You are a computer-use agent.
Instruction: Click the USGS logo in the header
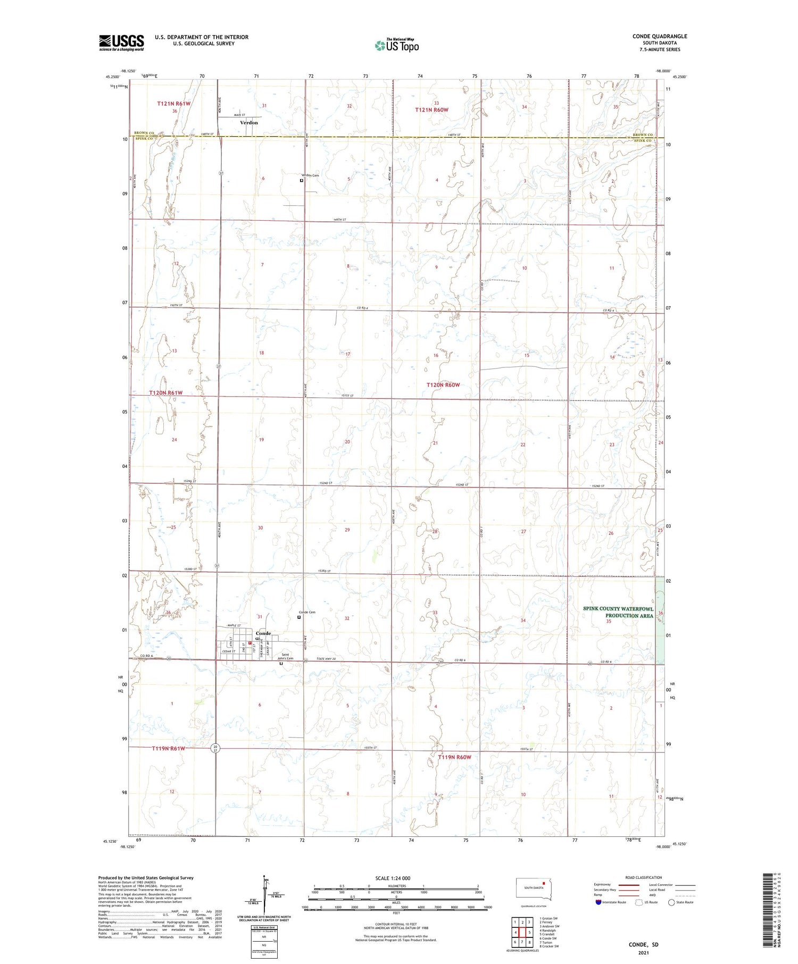click(x=121, y=43)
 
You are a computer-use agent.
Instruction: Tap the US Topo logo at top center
click(x=396, y=46)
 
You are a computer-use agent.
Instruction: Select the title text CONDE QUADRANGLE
click(x=659, y=36)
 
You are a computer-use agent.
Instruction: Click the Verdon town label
click(x=249, y=123)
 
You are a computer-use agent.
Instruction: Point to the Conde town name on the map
click(x=263, y=633)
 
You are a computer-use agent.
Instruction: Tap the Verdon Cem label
click(x=310, y=175)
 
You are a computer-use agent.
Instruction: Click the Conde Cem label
click(x=307, y=612)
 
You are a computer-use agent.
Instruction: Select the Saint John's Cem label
click(x=287, y=657)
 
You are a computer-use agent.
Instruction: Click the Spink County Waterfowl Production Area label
click(x=618, y=612)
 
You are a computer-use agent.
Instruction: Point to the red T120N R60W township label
click(x=443, y=384)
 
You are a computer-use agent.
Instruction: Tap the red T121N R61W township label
click(x=173, y=104)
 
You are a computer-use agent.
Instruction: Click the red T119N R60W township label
click(x=454, y=757)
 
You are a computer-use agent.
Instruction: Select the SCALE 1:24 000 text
click(x=393, y=878)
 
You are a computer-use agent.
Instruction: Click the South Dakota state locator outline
click(x=534, y=890)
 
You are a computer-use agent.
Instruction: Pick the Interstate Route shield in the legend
click(x=598, y=902)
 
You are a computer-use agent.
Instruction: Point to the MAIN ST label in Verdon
click(x=240, y=115)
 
